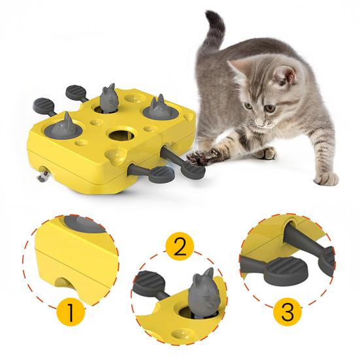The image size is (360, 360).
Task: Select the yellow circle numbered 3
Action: pyautogui.click(x=287, y=312)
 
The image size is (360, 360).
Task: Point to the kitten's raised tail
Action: pyautogui.click(x=210, y=33)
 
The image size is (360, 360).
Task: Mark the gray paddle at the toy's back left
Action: pyautogui.click(x=76, y=90)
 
